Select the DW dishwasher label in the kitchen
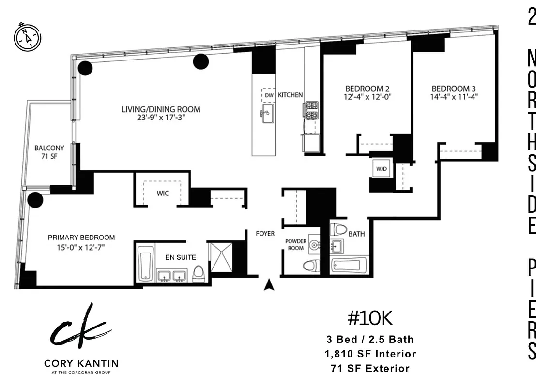tap(269, 95)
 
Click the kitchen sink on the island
tap(268, 113)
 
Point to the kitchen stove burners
tap(310, 111)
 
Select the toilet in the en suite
tap(199, 274)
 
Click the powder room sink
tap(314, 246)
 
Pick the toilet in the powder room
tap(310, 266)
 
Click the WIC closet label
tap(162, 193)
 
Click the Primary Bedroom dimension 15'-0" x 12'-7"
tap(81, 247)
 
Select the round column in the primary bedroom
tap(35, 199)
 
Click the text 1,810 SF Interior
tap(370, 354)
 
